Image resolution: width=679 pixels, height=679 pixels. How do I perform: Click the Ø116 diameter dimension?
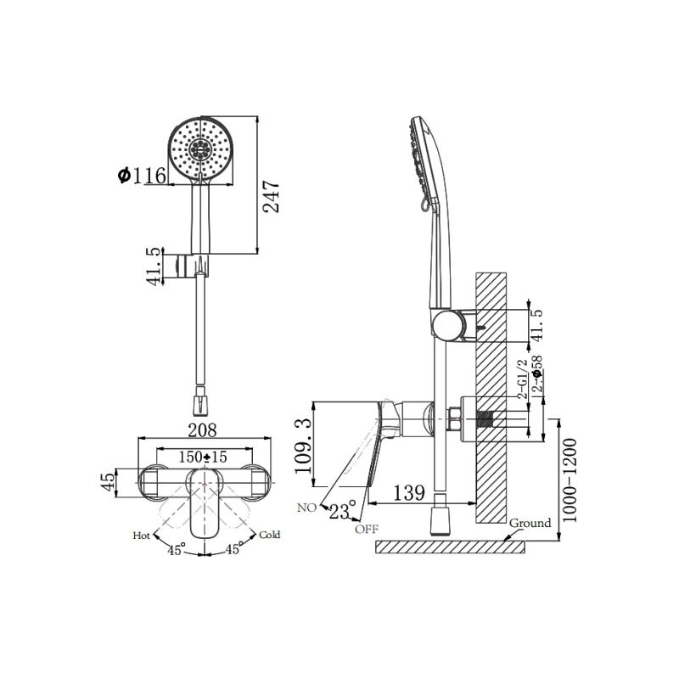[x=142, y=175]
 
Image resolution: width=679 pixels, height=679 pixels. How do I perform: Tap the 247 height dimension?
[x=272, y=197]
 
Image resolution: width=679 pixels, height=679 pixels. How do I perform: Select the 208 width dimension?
[x=202, y=430]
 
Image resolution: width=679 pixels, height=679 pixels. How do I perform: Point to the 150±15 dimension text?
[x=203, y=457]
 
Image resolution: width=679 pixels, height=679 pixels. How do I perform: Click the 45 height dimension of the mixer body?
[x=109, y=481]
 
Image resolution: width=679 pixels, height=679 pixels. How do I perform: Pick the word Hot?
[x=141, y=536]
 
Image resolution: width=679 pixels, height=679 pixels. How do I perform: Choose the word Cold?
[x=269, y=535]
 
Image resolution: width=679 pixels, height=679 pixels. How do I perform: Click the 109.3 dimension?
[x=303, y=445]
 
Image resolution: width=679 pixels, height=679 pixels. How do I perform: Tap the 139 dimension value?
[x=409, y=493]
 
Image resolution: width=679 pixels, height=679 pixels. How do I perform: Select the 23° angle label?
[x=342, y=510]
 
